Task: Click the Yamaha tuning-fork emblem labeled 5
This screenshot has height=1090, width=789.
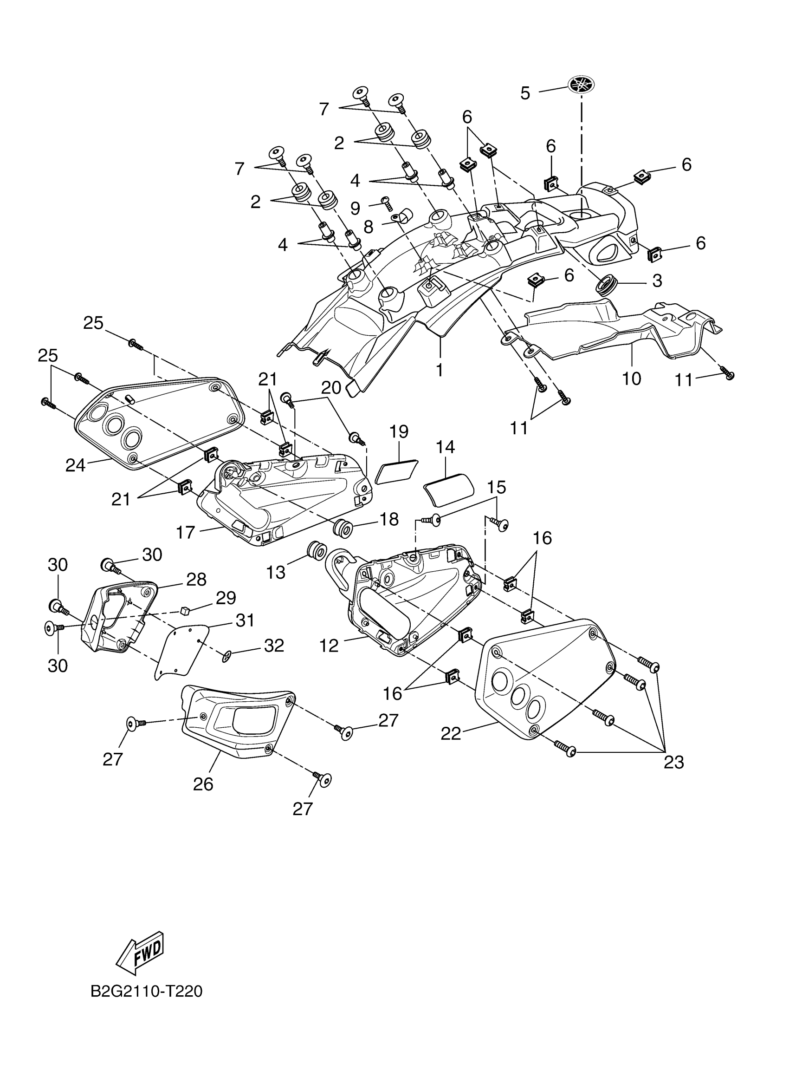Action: click(581, 85)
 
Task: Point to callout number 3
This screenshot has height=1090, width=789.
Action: click(657, 281)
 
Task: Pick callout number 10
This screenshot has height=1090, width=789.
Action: click(632, 378)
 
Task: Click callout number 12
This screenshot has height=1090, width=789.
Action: click(329, 646)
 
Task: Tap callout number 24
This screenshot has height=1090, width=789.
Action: click(75, 465)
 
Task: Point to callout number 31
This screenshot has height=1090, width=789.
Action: click(245, 620)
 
